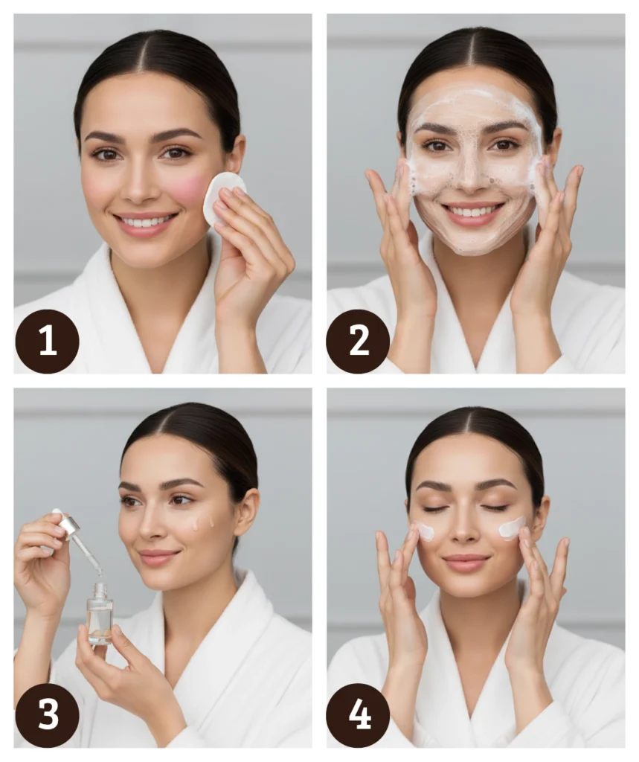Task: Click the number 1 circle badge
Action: pos(47,341)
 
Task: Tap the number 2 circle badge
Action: pos(358,341)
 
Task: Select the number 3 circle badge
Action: pos(47,715)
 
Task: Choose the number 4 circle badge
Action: pos(358,715)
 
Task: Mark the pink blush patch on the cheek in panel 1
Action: pos(190,190)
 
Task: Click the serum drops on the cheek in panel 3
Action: pos(202,522)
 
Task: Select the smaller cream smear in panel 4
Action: pos(426,531)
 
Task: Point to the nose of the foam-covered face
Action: pos(469,173)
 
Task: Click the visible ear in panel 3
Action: pos(245,513)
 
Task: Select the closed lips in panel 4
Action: pos(466,563)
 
